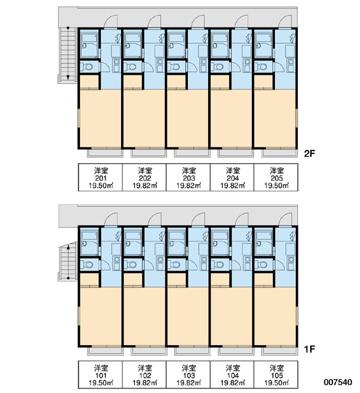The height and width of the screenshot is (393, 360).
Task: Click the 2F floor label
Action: [x=309, y=153]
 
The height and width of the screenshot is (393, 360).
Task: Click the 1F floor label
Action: [x=309, y=349]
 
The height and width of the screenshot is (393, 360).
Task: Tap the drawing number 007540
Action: [x=338, y=383]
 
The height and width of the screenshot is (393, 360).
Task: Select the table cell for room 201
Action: [x=100, y=178]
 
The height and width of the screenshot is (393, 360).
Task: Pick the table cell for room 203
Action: [x=189, y=178]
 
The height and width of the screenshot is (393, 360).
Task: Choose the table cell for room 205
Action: [x=276, y=178]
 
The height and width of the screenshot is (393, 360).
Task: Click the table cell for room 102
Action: [x=145, y=375]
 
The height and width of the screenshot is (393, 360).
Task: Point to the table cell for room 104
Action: [x=232, y=375]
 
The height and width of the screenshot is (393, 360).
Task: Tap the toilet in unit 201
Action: [x=86, y=67]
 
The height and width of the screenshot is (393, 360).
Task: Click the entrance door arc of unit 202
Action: [x=153, y=20]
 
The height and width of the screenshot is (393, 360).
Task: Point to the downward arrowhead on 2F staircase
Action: [x=68, y=77]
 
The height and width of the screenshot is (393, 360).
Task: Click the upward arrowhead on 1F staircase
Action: [x=68, y=247]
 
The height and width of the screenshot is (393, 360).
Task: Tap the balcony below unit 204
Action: [x=236, y=153]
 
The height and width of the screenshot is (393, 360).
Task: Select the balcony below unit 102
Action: [x=149, y=351]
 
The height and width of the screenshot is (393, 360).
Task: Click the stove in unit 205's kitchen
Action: [x=291, y=65]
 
